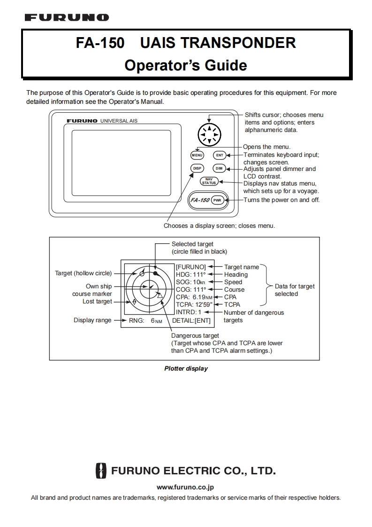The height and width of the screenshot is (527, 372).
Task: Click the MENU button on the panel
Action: (x=197, y=155)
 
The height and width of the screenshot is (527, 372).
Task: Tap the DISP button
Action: (x=197, y=168)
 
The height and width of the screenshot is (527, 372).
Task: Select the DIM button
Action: (x=219, y=168)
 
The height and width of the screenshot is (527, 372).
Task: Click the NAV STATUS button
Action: (x=209, y=181)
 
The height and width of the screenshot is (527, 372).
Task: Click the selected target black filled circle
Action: (x=155, y=273)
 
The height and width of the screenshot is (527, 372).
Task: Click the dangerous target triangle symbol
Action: (x=159, y=296)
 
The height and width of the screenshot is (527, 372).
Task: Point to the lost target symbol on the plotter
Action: (x=134, y=302)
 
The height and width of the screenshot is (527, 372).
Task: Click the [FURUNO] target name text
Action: (x=191, y=267)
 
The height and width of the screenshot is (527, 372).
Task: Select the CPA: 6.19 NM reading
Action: (x=194, y=297)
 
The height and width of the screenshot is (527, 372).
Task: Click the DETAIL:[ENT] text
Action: (x=191, y=320)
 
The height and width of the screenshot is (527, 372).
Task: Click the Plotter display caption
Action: (x=186, y=369)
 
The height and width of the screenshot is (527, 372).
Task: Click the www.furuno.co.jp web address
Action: (x=186, y=488)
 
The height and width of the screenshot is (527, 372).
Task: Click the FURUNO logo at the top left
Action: (x=67, y=17)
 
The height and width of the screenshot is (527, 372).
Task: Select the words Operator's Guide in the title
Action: (x=186, y=65)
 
